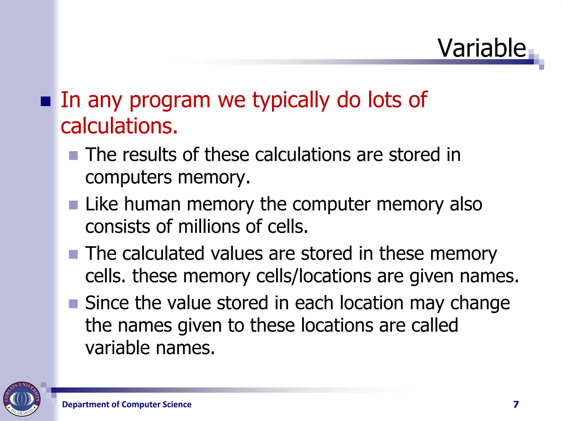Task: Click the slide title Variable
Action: click(482, 48)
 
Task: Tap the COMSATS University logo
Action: click(22, 399)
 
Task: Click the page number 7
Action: click(516, 405)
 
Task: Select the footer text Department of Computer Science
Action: click(127, 405)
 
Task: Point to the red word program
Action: click(170, 100)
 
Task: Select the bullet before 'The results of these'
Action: click(73, 155)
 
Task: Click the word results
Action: click(149, 155)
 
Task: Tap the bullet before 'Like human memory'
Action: click(73, 205)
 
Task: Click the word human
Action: click(152, 204)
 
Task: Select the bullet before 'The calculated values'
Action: click(73, 254)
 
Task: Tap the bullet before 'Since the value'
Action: click(73, 304)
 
